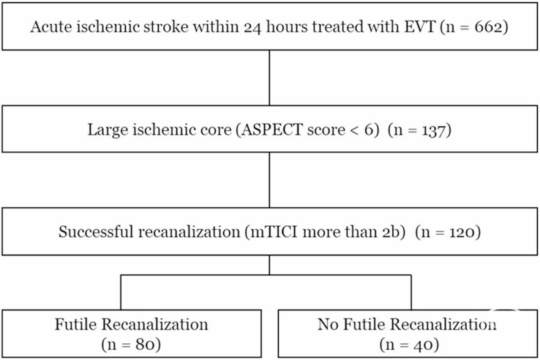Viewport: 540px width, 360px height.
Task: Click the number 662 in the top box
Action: pyautogui.click(x=487, y=26)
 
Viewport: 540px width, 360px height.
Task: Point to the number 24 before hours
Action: pyautogui.click(x=252, y=27)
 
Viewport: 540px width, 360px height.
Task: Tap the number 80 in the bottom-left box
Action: pyautogui.click(x=146, y=344)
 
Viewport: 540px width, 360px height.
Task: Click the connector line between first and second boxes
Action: pyautogui.click(x=269, y=78)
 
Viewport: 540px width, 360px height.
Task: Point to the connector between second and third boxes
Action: pyautogui.click(x=269, y=180)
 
